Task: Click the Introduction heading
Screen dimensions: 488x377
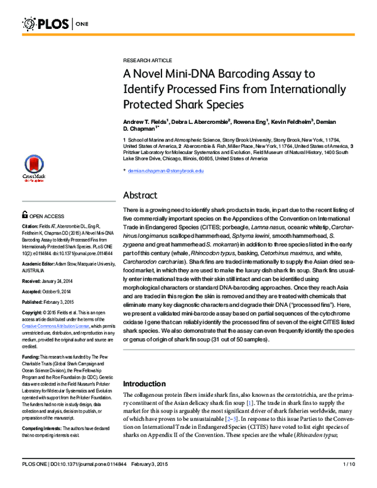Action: (x=148, y=384)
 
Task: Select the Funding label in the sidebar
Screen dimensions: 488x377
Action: (x=32, y=357)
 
